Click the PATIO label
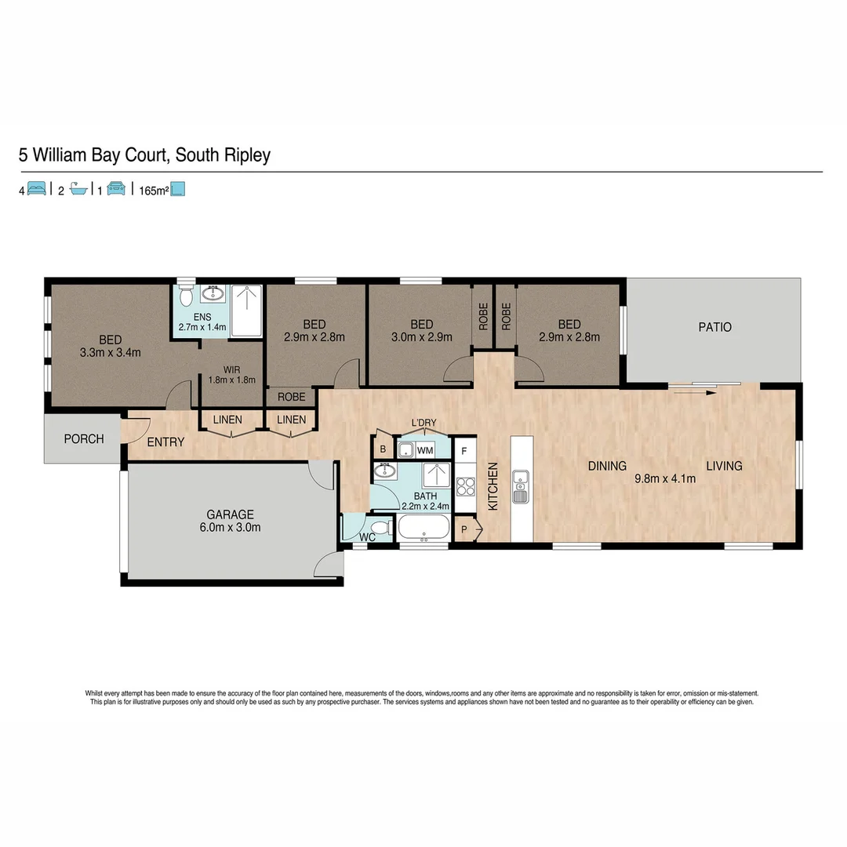(714, 327)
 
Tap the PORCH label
(84, 439)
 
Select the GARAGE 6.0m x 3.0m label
(230, 521)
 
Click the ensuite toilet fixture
(186, 296)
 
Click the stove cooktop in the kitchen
(465, 486)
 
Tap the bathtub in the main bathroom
(424, 529)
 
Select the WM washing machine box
(425, 451)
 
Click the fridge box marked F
(465, 452)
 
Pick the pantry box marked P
(463, 529)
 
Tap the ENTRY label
(165, 442)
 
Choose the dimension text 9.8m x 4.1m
(665, 479)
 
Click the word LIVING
(723, 466)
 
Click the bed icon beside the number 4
(37, 189)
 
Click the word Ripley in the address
(245, 155)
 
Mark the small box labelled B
(383, 449)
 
